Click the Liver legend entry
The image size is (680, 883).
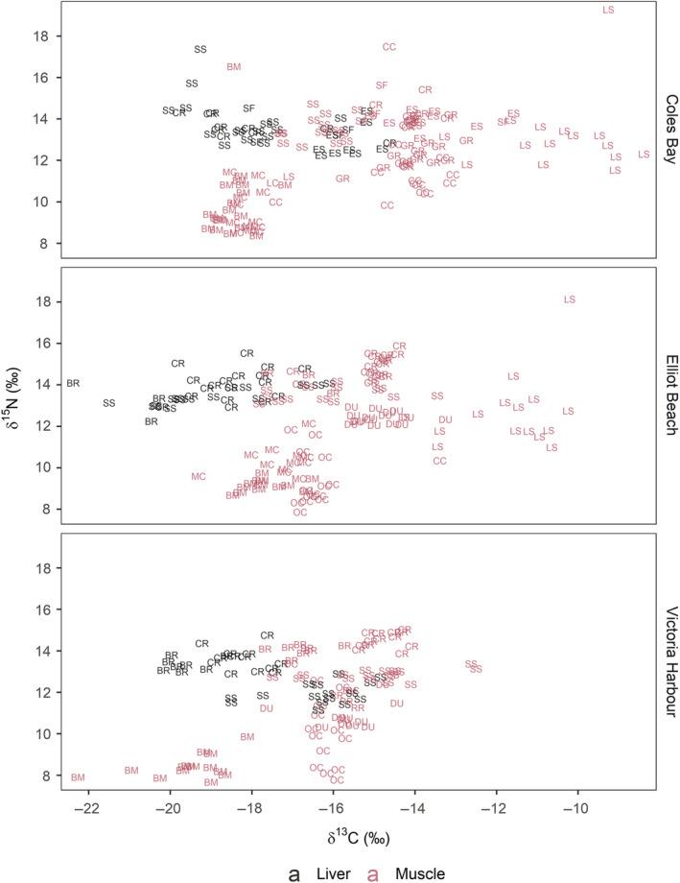point(312,872)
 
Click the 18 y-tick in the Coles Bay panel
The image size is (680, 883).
point(44,36)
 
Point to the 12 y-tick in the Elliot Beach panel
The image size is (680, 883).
point(44,426)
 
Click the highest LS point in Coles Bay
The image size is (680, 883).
point(608,10)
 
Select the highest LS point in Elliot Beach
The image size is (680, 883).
point(570,299)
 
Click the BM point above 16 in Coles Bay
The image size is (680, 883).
point(234,66)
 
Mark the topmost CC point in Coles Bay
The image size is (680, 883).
point(389,46)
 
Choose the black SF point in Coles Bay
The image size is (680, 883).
point(248,107)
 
